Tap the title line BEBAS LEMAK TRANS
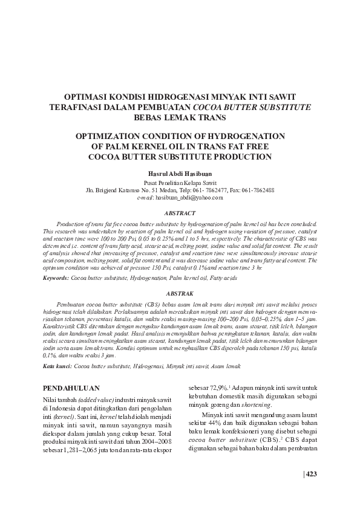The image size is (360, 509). tap(180, 117)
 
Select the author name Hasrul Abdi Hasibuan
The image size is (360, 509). tap(180, 172)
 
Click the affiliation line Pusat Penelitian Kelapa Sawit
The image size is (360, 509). tap(180, 182)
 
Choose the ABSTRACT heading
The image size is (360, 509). tap(180, 213)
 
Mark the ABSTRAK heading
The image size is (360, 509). tap(180, 291)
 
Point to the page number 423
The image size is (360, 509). tap(311, 473)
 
